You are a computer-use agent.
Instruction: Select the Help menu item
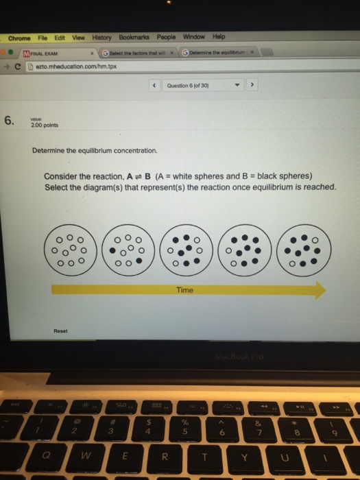click(x=219, y=37)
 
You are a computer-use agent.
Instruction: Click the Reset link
click(x=60, y=331)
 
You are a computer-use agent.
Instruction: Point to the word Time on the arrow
click(x=184, y=290)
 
